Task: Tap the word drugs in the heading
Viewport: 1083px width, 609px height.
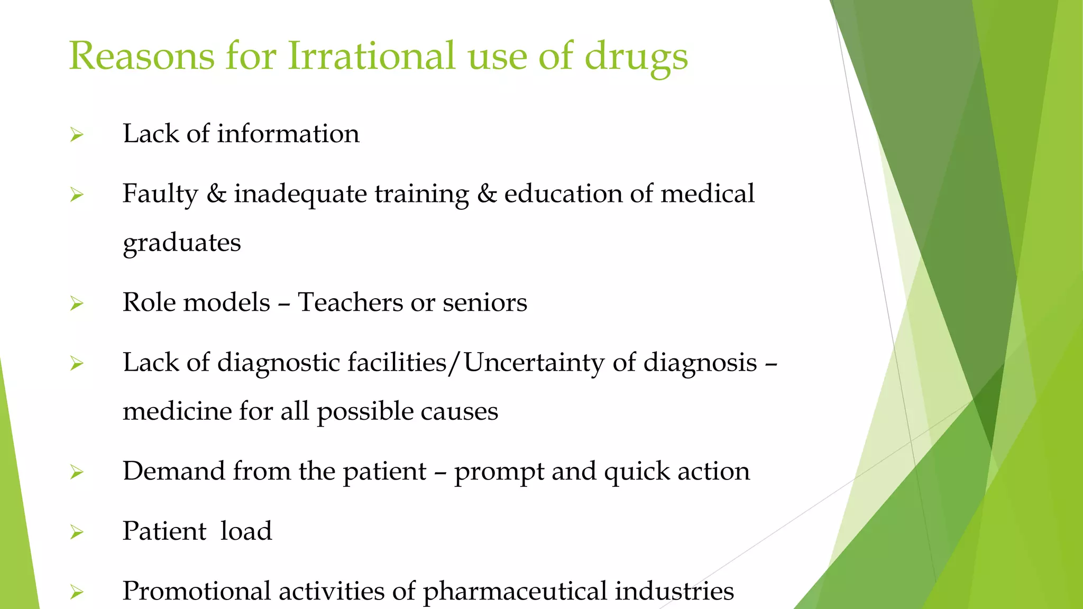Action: pyautogui.click(x=636, y=57)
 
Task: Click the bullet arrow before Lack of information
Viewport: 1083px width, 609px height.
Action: pyautogui.click(x=77, y=135)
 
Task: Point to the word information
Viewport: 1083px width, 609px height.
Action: pyautogui.click(x=288, y=133)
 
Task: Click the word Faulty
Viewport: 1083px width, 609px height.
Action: pyautogui.click(x=160, y=194)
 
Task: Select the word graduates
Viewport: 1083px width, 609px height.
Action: pyautogui.click(x=182, y=243)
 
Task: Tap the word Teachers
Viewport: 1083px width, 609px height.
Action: pyautogui.click(x=350, y=302)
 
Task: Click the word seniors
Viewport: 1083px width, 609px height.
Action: pyautogui.click(x=485, y=302)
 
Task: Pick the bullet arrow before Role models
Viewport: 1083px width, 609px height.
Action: pyautogui.click(x=77, y=303)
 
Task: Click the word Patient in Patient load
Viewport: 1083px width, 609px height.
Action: pyautogui.click(x=164, y=531)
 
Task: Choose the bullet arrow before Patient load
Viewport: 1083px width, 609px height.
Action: pyautogui.click(x=77, y=532)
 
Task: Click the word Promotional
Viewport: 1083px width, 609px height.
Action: pyautogui.click(x=197, y=590)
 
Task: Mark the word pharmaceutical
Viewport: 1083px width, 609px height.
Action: pyautogui.click(x=515, y=592)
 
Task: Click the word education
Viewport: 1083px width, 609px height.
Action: pyautogui.click(x=563, y=193)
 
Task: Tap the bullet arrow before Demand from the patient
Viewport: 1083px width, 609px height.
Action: pyautogui.click(x=77, y=472)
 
